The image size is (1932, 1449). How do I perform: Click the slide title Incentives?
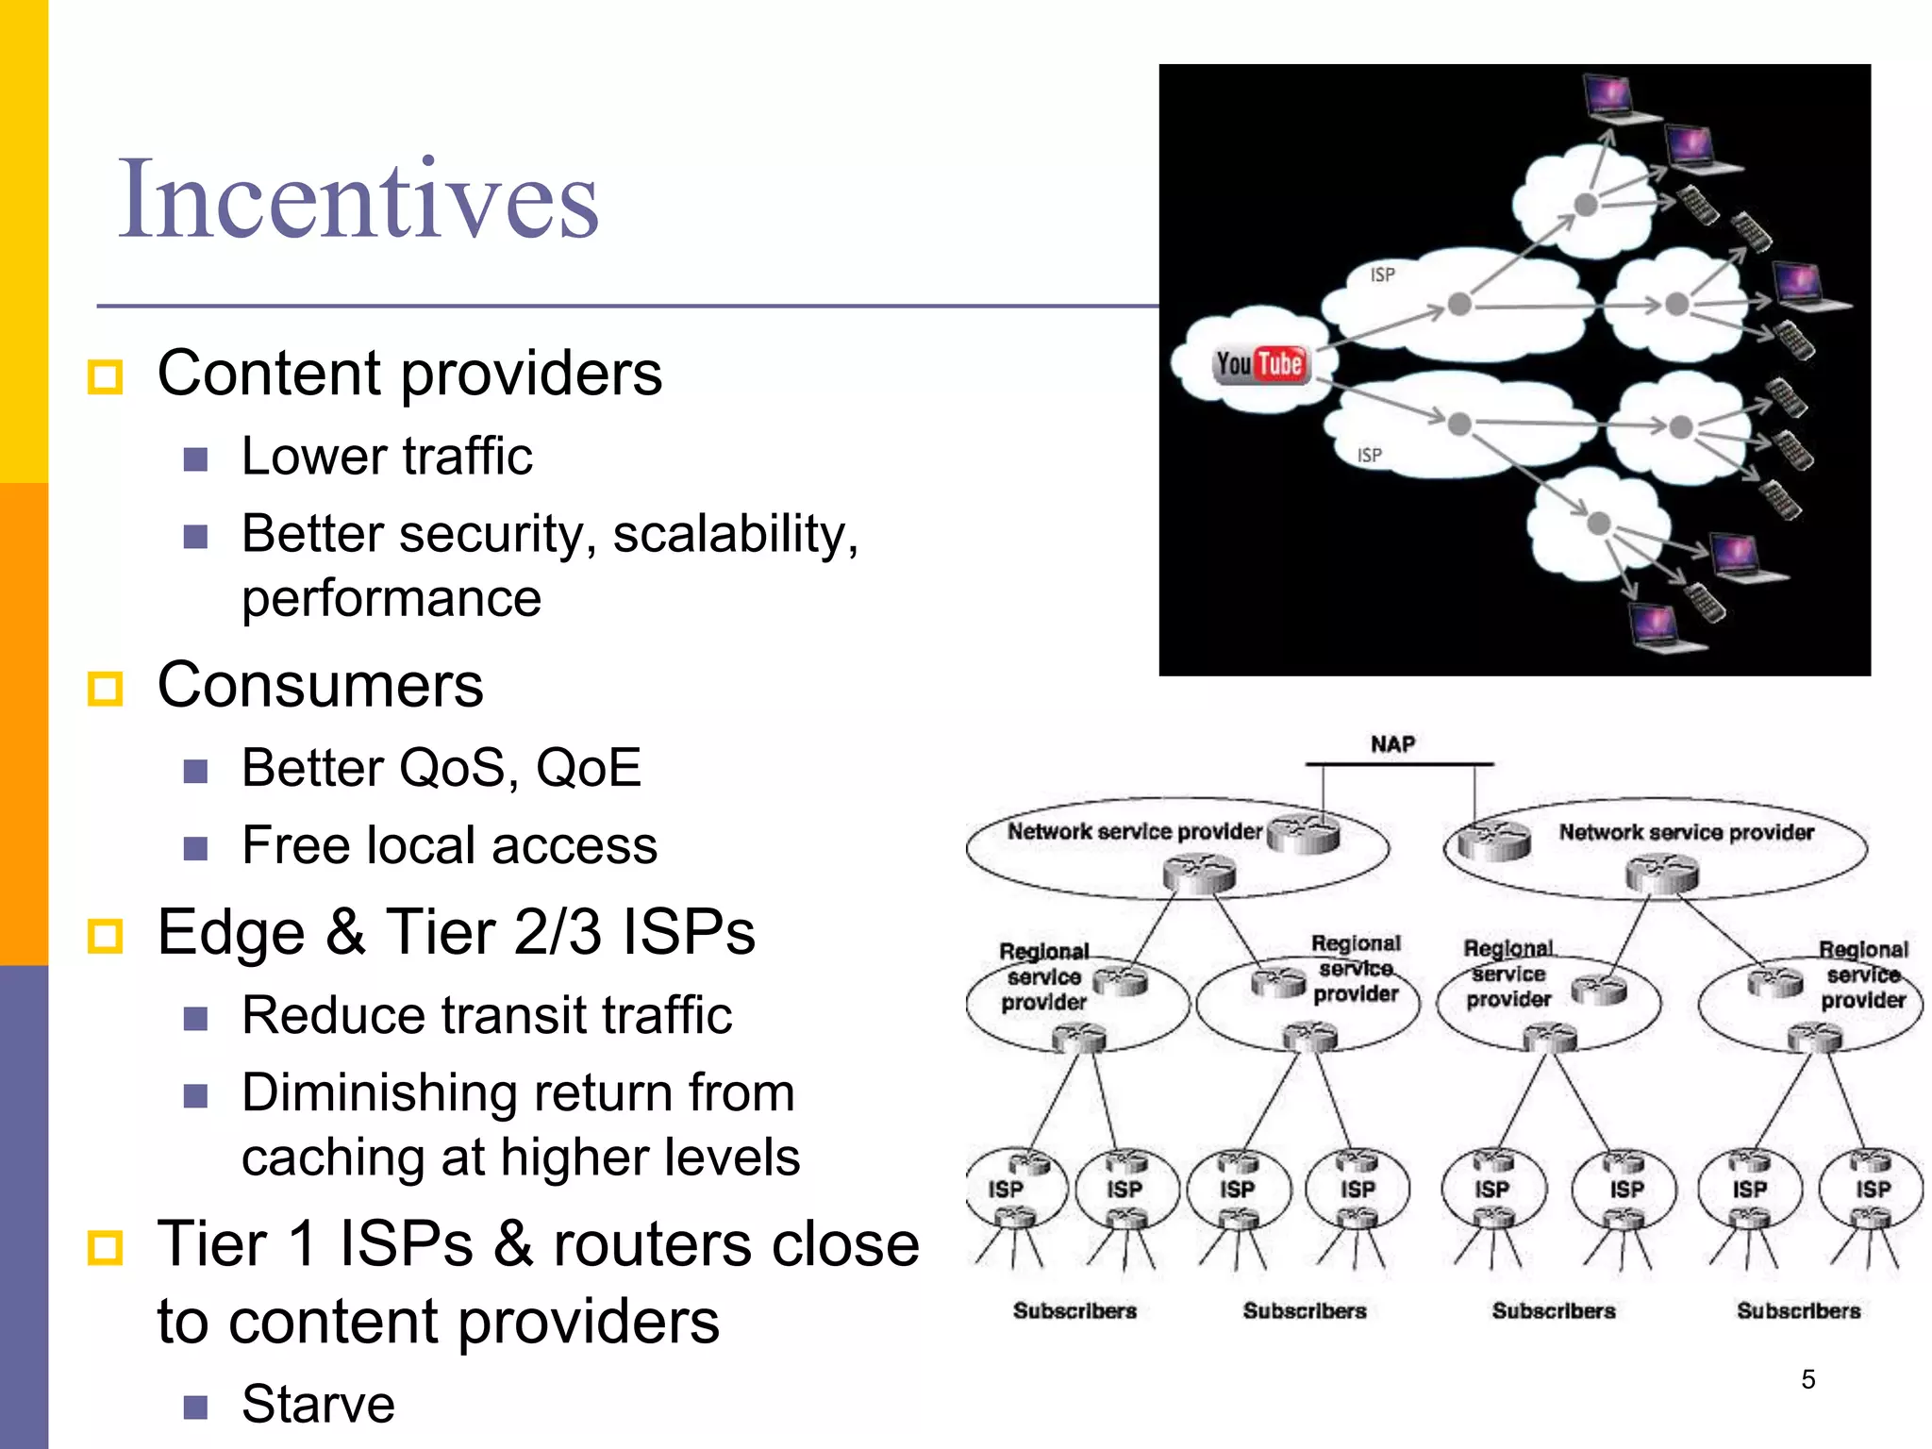pos(358,200)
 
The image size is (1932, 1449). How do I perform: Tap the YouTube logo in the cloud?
pos(1260,364)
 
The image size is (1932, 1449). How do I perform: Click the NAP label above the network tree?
pos(1392,744)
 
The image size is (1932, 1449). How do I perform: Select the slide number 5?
pos(1807,1379)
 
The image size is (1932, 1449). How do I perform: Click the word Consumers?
pos(320,685)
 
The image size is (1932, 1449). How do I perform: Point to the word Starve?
pos(318,1404)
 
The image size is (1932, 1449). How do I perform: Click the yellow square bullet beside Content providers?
pos(105,376)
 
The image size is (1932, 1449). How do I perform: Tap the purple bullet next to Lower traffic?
pos(195,459)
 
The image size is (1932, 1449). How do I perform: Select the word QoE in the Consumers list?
pos(588,768)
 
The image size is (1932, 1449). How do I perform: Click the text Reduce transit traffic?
pos(486,1016)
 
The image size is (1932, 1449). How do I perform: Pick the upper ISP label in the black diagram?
pos(1382,275)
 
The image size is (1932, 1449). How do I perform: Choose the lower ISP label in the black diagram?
pos(1369,456)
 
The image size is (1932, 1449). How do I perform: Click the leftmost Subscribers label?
pos(1074,1310)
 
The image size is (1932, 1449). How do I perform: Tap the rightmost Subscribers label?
pos(1798,1310)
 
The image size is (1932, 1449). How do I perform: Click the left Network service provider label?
pos(1134,831)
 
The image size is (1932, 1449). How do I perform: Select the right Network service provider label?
pos(1686,832)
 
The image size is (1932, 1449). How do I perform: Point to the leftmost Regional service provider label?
pos(1043,976)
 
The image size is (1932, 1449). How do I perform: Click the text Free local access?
pos(449,845)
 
